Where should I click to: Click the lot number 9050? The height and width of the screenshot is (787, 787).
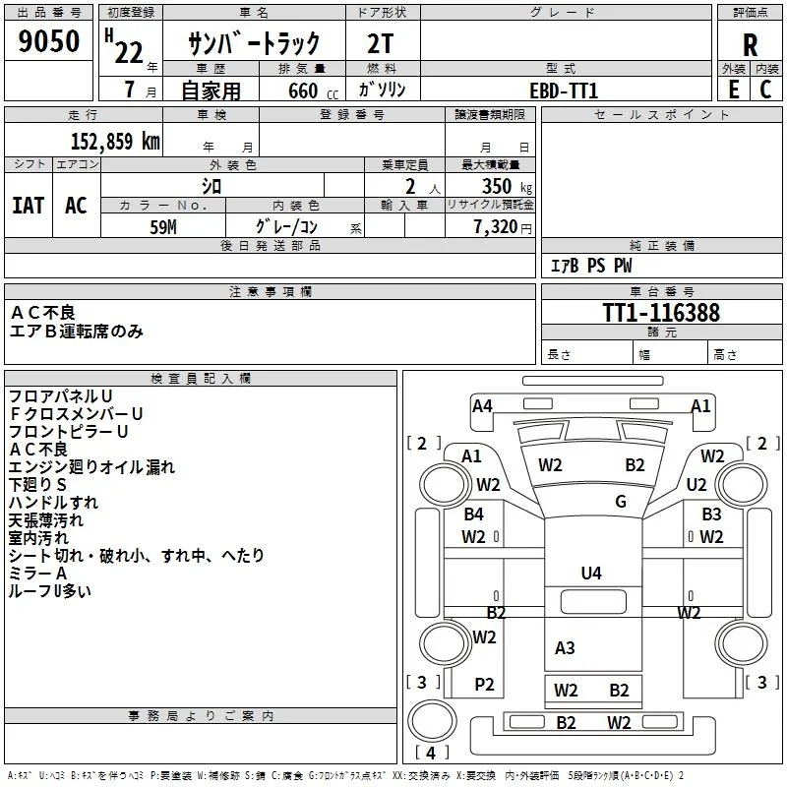pos(48,41)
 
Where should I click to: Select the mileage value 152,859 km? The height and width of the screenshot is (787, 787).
pos(115,142)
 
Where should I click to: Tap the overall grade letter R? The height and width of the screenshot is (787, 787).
pos(750,45)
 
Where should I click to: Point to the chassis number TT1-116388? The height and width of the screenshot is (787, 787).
pos(661,313)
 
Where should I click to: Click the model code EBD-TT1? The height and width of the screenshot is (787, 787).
pos(564,91)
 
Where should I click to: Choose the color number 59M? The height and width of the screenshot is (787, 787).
pos(163,227)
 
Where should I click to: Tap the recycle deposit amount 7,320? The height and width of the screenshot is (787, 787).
pos(495,227)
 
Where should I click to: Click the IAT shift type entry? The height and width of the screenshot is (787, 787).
pos(29,206)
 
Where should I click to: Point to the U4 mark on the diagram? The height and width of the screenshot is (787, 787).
pos(591,573)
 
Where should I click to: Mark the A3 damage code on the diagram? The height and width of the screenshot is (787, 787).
pos(565,647)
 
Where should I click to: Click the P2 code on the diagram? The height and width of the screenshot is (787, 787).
pos(484,684)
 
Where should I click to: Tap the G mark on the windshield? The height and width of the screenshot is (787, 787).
pos(621,501)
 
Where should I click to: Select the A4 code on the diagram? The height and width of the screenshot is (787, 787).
pos(482,405)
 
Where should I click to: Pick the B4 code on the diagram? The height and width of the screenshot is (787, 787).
pos(473,514)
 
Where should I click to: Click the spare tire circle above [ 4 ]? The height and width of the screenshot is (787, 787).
pos(432,721)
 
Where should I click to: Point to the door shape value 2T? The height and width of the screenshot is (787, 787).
pos(381,44)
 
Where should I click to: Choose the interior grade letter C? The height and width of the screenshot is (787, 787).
pos(765,90)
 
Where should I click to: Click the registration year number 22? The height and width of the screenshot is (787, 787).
pos(129,53)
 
